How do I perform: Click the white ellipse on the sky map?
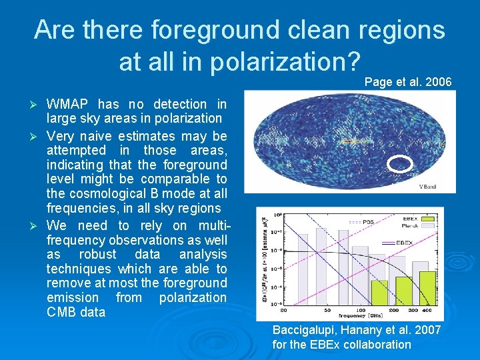pyautogui.click(x=400, y=163)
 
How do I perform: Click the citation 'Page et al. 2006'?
pyautogui.click(x=408, y=82)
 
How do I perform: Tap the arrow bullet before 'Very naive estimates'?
pyautogui.click(x=38, y=137)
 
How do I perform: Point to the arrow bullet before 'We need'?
pyautogui.click(x=38, y=226)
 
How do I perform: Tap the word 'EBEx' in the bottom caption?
pyautogui.click(x=323, y=345)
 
